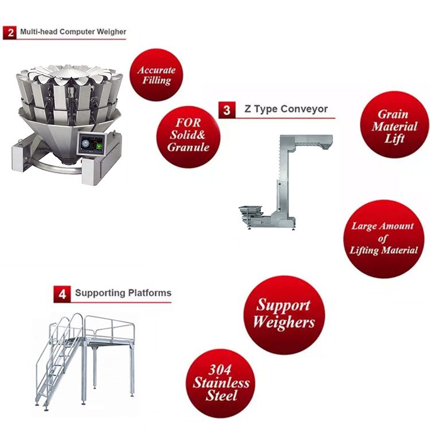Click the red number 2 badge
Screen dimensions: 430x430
[10, 33]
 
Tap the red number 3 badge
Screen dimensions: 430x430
[227, 110]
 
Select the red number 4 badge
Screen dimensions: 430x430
[62, 294]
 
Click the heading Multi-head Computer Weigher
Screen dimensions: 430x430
[73, 32]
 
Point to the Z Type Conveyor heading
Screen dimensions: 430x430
[286, 109]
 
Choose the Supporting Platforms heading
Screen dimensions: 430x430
[123, 293]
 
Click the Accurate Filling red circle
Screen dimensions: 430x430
[157, 75]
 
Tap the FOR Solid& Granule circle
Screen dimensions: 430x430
[189, 137]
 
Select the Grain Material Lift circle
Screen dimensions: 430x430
[394, 125]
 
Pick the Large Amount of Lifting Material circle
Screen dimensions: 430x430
[384, 239]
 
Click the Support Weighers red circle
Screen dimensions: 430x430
[284, 315]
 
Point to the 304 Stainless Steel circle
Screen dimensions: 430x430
[221, 384]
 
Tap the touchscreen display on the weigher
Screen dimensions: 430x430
[91, 144]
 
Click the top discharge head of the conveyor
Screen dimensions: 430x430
[314, 142]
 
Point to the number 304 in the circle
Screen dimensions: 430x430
[220, 370]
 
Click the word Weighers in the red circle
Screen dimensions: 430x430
[284, 322]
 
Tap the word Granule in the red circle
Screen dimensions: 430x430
[189, 147]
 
